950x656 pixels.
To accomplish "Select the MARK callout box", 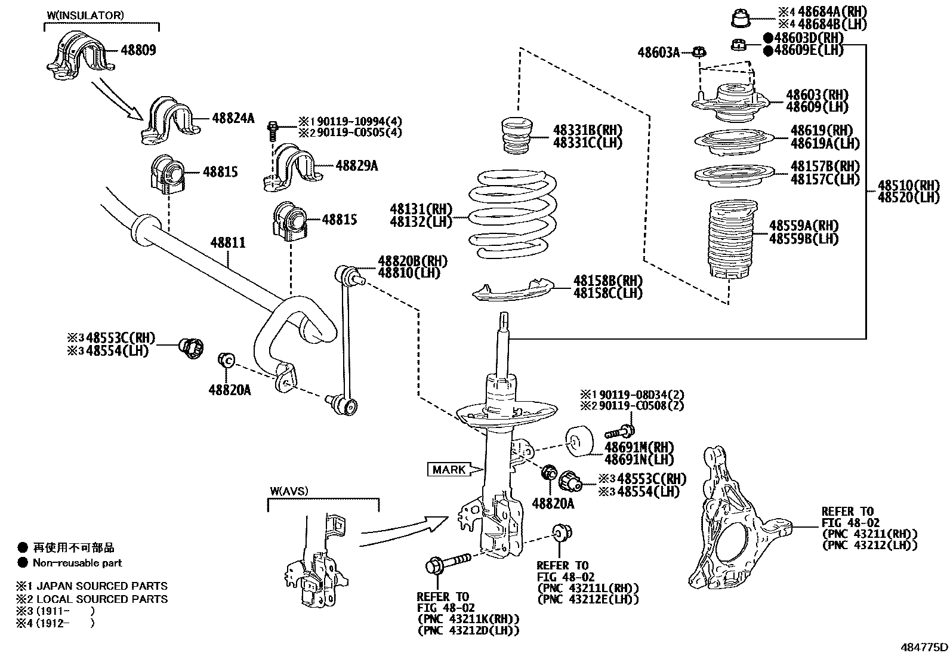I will [x=449, y=470].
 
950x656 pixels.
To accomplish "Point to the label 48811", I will [x=227, y=243].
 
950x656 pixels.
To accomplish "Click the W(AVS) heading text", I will [x=289, y=491].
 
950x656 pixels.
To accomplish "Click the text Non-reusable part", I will [x=77, y=562].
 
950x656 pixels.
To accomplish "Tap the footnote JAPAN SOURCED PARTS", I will [x=101, y=586].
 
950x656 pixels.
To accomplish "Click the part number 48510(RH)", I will [x=908, y=186].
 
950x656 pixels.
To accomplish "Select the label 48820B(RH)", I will [x=412, y=261].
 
